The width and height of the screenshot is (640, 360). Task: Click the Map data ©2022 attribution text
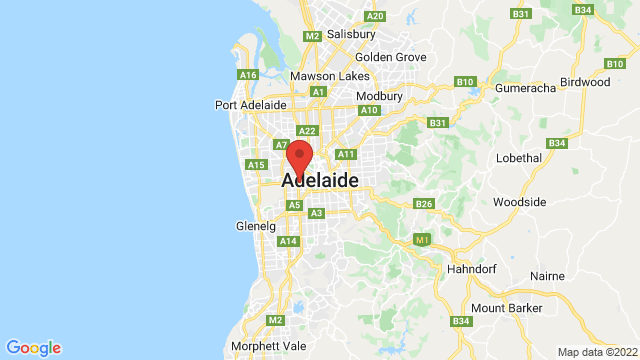tap(596, 351)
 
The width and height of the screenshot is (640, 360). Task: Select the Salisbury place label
tap(351, 33)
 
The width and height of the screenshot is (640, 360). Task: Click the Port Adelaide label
tap(251, 105)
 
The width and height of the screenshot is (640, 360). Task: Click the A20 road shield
tap(376, 16)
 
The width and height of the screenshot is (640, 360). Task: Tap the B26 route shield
tap(424, 204)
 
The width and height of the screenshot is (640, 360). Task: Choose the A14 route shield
tap(289, 241)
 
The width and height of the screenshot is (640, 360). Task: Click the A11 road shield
tap(347, 154)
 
